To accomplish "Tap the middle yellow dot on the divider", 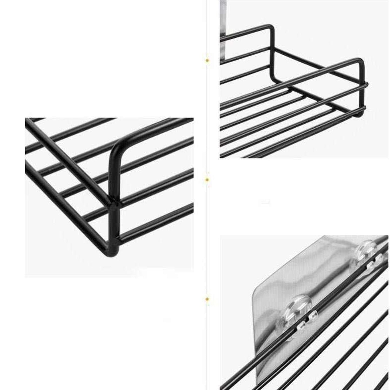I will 207,179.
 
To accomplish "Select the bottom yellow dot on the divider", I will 207,299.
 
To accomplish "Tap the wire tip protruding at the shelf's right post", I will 367,84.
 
